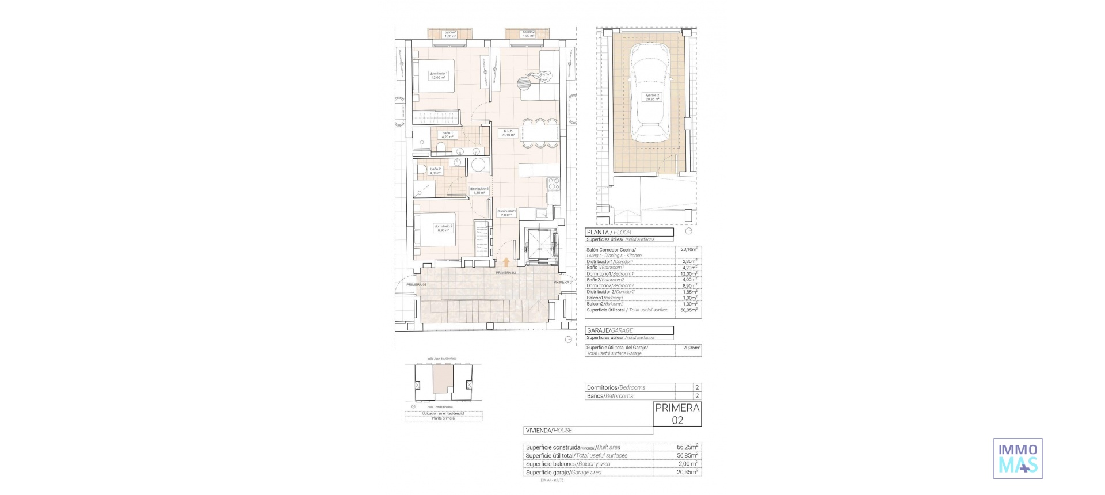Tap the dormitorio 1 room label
click(439, 75)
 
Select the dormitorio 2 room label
click(443, 228)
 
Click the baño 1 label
click(447, 135)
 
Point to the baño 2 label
click(435, 171)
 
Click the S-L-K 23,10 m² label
click(508, 133)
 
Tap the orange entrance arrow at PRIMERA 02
click(506, 262)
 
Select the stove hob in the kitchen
click(553, 184)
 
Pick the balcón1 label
click(450, 34)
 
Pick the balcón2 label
click(528, 34)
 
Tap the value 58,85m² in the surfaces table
click(688, 310)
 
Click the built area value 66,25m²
click(687, 447)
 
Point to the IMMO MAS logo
click(1018, 458)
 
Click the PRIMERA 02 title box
click(677, 414)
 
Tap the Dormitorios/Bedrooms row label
click(616, 387)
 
